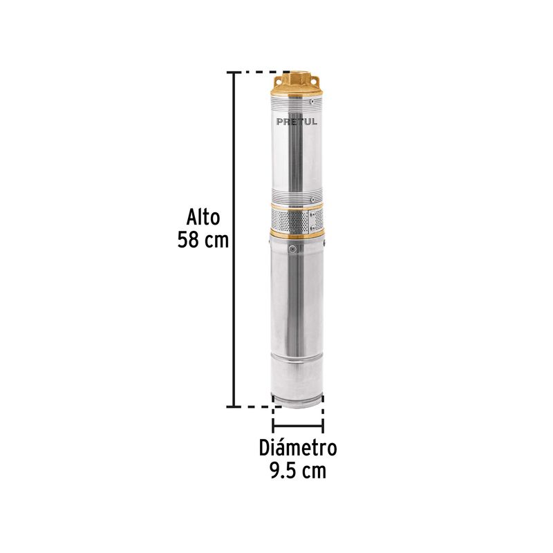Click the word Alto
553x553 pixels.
coord(203,217)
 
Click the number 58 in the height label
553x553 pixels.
coord(187,240)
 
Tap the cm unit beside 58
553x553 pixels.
coord(216,241)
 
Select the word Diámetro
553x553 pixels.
coord(298,447)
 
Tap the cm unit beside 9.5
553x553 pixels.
coord(314,471)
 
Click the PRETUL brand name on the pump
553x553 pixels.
coord(297,122)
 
